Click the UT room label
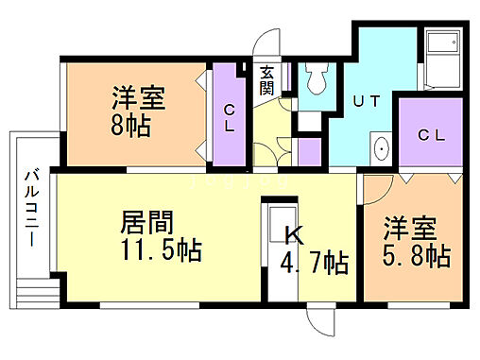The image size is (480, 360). tap(367, 100)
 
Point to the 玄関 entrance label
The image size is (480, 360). tap(266, 79)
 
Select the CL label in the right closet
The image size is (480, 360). tap(431, 136)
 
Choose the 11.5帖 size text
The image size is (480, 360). tap(160, 250)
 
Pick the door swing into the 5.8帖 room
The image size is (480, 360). tap(379, 189)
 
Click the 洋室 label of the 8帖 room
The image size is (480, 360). tap(139, 97)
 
